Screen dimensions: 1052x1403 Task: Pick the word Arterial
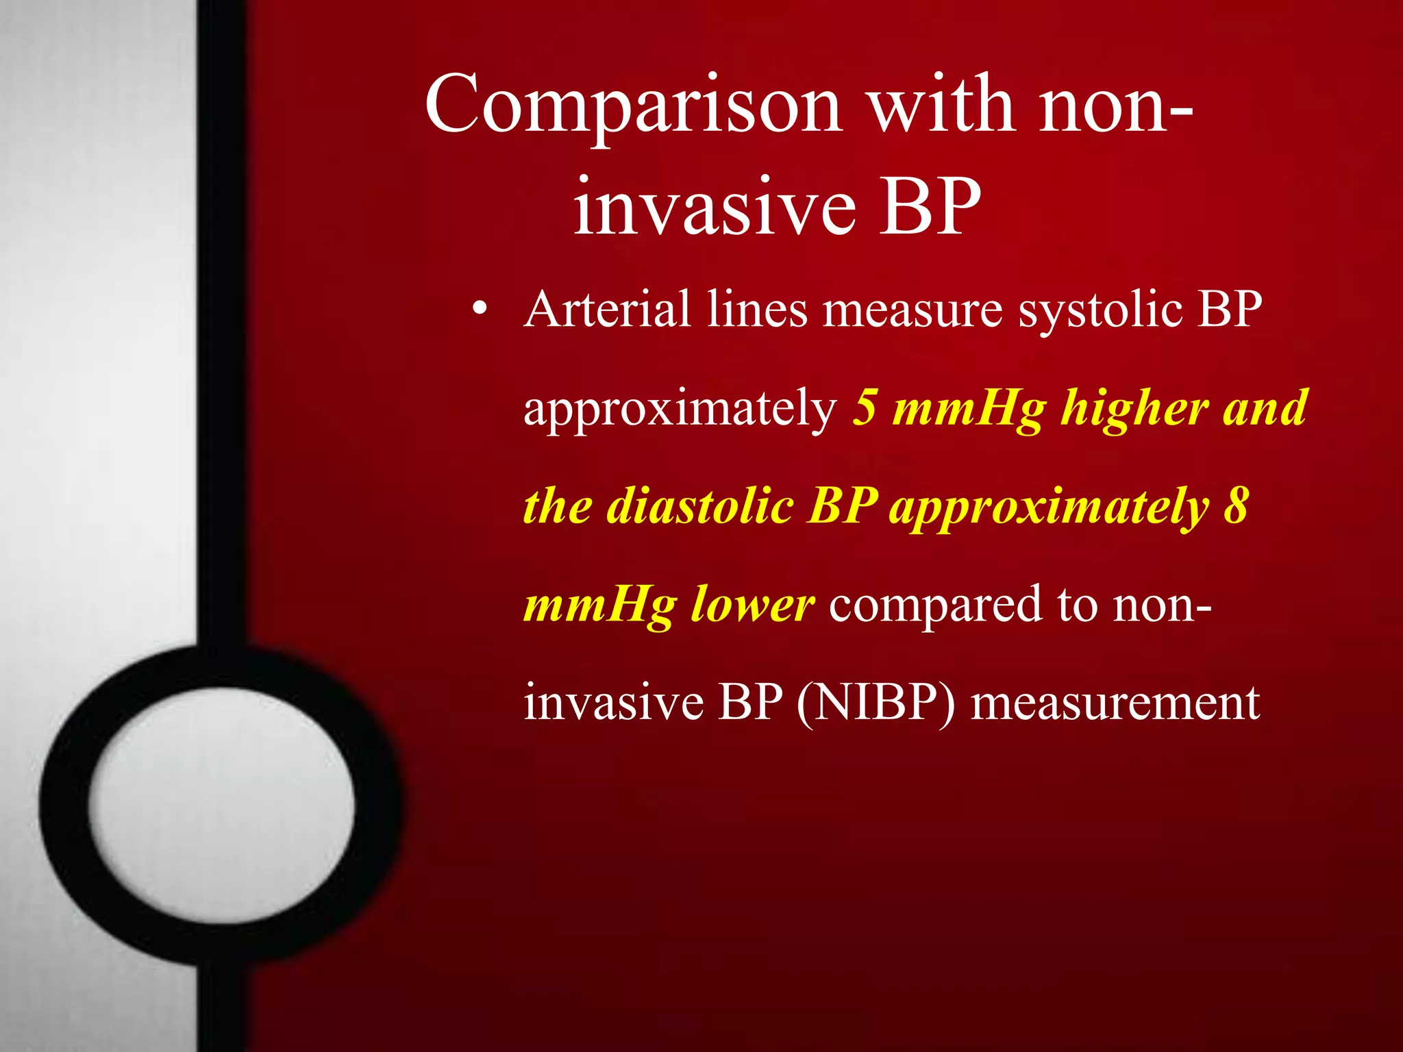(x=607, y=310)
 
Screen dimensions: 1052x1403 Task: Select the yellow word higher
(x=1134, y=410)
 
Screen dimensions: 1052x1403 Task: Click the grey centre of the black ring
(x=221, y=805)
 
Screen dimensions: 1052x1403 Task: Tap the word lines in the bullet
(x=757, y=310)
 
